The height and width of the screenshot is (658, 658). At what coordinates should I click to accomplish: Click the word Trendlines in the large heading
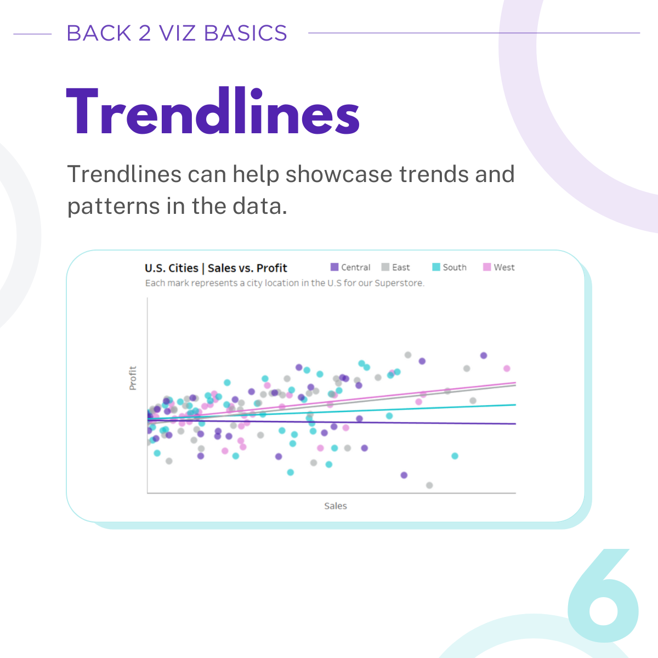click(x=213, y=111)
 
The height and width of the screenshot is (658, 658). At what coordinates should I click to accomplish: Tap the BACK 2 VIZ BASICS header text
click(x=177, y=33)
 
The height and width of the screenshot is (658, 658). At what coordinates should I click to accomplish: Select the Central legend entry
click(x=350, y=267)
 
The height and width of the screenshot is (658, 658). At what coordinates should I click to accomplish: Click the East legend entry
click(x=396, y=267)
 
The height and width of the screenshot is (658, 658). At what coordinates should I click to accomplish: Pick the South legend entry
click(x=450, y=267)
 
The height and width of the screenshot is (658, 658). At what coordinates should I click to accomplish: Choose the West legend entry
click(x=499, y=267)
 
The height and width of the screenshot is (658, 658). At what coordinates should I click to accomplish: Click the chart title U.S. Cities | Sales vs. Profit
click(x=216, y=268)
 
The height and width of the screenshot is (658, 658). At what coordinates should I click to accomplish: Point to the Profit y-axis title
click(x=133, y=378)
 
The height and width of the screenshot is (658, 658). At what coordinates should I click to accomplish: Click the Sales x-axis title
click(x=336, y=506)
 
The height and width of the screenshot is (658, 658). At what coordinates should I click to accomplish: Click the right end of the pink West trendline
click(x=515, y=382)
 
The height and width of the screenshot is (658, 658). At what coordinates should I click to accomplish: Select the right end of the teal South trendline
click(x=515, y=405)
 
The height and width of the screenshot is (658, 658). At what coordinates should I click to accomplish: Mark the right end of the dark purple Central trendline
click(x=515, y=424)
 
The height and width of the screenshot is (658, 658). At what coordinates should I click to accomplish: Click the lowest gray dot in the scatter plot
click(x=429, y=485)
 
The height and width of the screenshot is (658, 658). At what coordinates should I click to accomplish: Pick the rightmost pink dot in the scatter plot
click(x=507, y=368)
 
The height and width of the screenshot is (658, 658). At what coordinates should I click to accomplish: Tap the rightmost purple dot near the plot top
click(x=484, y=355)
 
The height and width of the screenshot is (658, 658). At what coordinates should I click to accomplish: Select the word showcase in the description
click(x=339, y=174)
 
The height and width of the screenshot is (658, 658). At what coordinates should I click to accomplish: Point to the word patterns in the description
click(x=114, y=207)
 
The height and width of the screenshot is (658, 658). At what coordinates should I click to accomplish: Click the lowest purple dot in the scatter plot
click(x=404, y=475)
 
